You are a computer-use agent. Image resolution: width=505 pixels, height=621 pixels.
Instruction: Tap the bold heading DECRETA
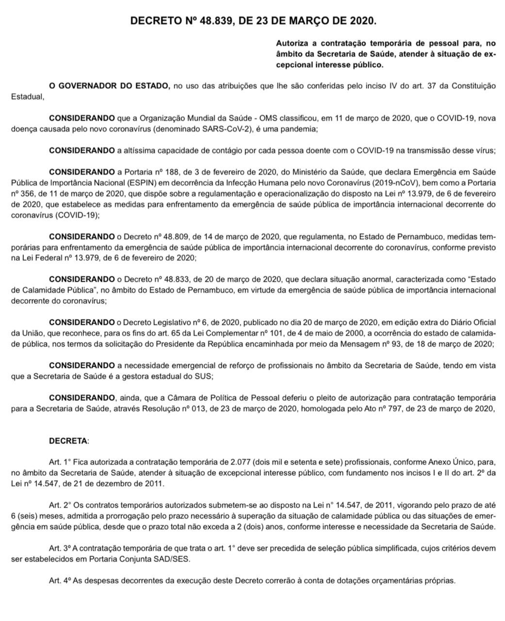[68, 441]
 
